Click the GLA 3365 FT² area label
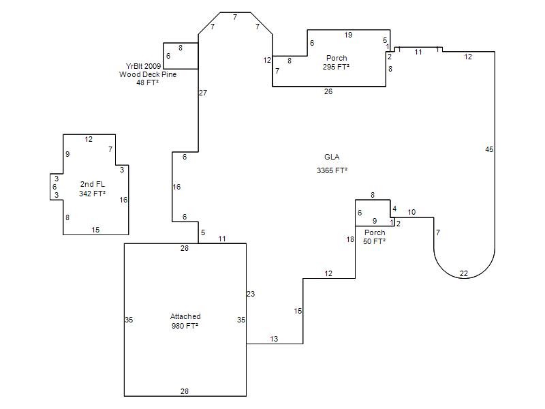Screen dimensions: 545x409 (332, 164)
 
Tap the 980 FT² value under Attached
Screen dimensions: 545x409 (185, 326)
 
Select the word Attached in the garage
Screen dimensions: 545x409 (185, 316)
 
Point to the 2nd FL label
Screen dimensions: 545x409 (93, 184)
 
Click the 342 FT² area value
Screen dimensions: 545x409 (92, 194)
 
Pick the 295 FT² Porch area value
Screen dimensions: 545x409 (336, 67)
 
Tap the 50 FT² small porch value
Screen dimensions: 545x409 (374, 241)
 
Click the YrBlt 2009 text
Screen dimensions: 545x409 (143, 66)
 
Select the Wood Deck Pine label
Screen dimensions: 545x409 (148, 74)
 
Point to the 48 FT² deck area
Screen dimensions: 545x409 (148, 82)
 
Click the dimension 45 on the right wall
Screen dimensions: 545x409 (489, 149)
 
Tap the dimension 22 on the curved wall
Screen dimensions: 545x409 (464, 274)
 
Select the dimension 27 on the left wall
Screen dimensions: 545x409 (203, 93)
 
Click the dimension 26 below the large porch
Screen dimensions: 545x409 (328, 91)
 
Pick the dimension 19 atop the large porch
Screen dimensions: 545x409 (348, 35)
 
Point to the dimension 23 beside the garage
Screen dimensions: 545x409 (251, 294)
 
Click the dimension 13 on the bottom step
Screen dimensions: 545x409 (274, 339)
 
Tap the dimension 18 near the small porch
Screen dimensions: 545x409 (350, 239)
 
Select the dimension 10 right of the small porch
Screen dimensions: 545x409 (411, 212)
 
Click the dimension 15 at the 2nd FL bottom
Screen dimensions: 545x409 (95, 230)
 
